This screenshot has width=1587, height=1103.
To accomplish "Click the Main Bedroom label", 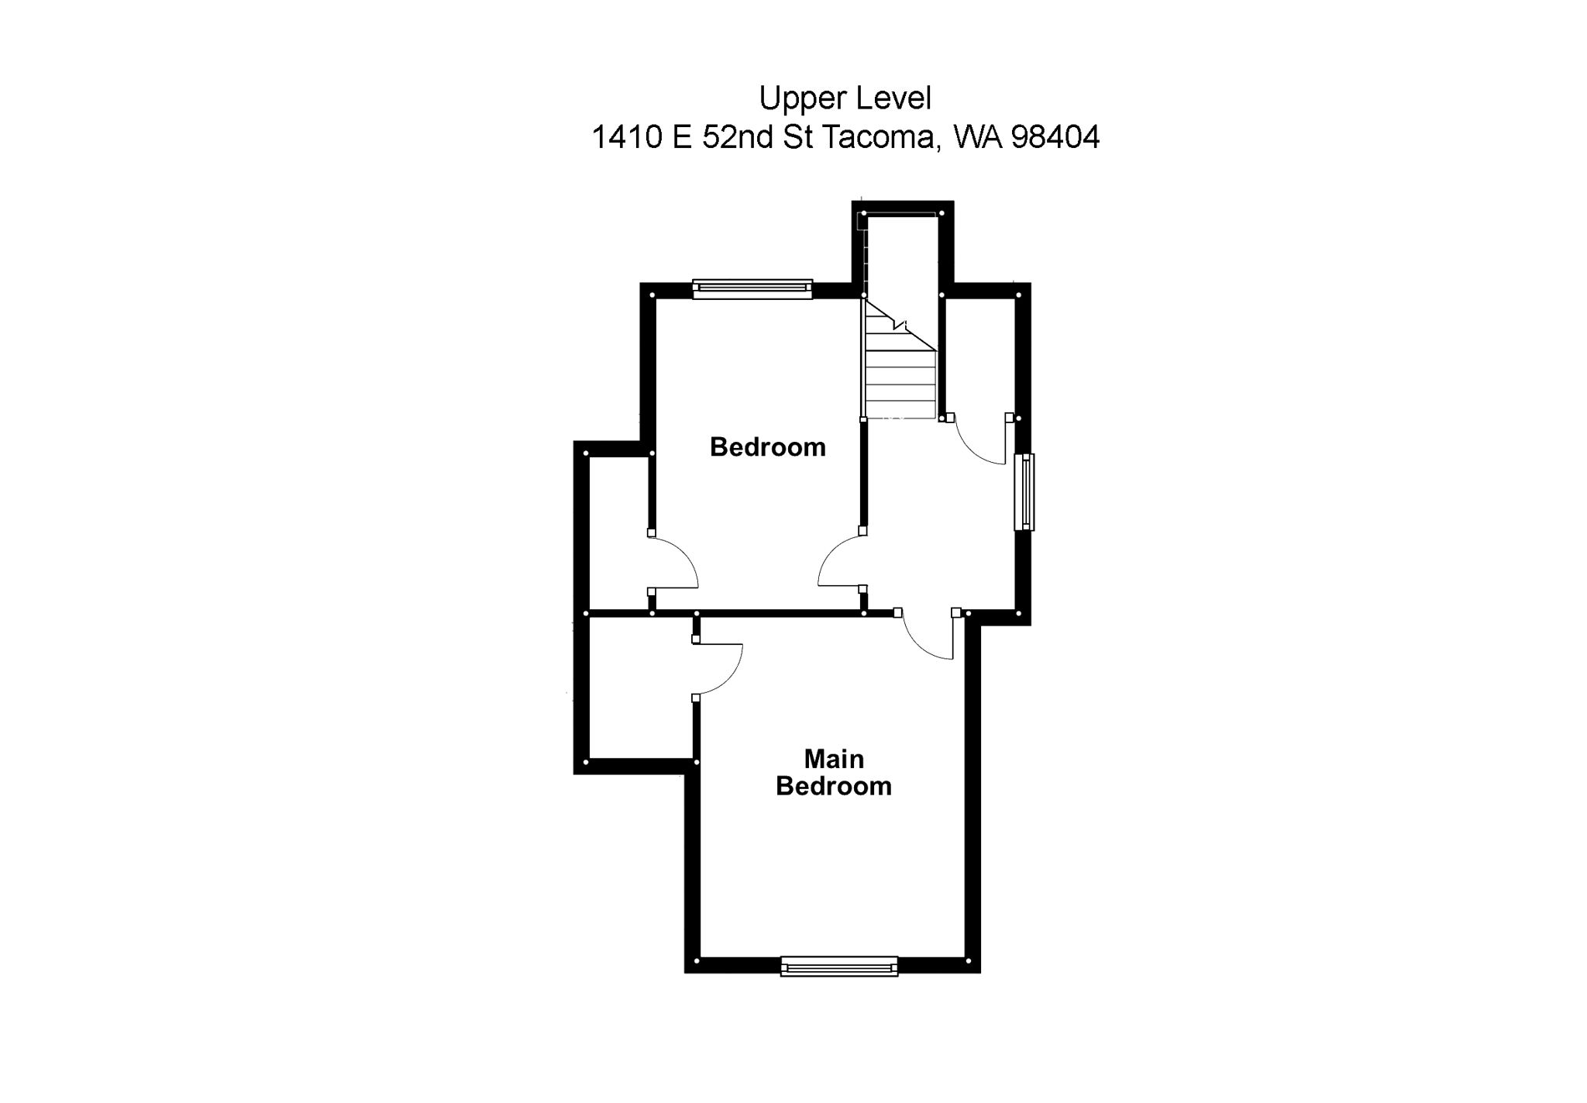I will click(833, 772).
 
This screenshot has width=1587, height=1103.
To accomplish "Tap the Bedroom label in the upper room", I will click(767, 447).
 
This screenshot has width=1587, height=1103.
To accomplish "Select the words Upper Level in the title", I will click(845, 98).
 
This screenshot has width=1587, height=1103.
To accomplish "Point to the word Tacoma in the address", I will click(876, 137).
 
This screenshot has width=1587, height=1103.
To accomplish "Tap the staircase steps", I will click(900, 372).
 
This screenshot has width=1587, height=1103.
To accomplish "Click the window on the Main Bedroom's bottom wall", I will click(839, 966).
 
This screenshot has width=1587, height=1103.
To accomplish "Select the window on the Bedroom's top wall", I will click(752, 289).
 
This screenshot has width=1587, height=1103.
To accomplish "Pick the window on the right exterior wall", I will click(1024, 492).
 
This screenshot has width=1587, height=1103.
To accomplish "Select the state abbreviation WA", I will click(978, 137).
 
